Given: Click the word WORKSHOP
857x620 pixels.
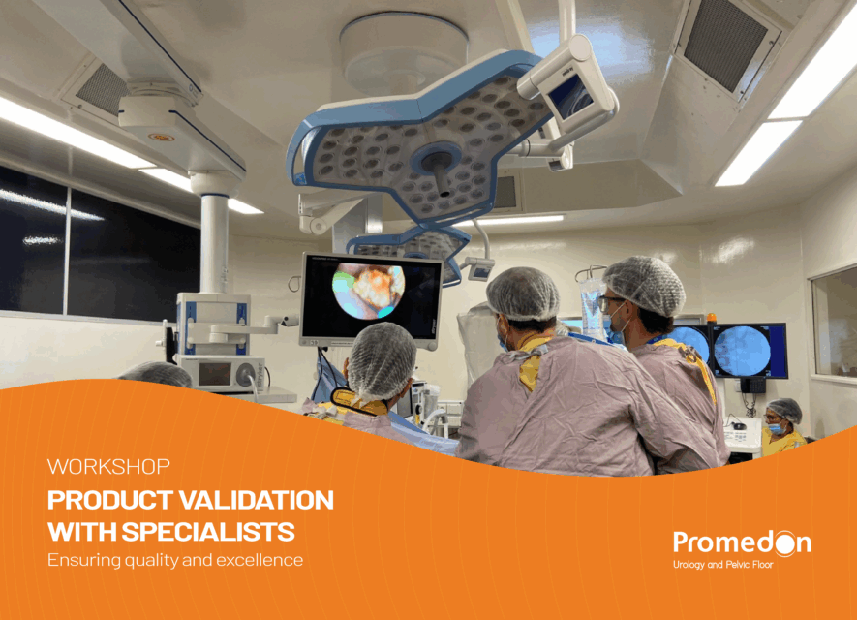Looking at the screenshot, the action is point(108,466).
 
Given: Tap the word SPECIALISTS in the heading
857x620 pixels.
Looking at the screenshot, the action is point(208,532).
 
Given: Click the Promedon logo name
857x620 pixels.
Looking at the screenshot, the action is point(742,542).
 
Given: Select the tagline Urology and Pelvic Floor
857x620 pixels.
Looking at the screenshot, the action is point(723,564).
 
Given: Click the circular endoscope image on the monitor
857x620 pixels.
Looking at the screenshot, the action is point(368,291).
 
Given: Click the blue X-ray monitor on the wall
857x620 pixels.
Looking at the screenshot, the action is point(750,350).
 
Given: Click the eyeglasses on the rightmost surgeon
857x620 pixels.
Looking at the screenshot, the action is point(609,303).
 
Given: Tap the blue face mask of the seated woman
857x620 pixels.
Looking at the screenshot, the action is point(775,428).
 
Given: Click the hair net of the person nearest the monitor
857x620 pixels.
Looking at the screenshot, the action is point(381,360).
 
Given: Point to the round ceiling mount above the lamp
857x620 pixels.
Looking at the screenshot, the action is point(404,50).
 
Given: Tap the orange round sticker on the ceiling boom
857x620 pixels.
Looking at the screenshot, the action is point(162,138).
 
